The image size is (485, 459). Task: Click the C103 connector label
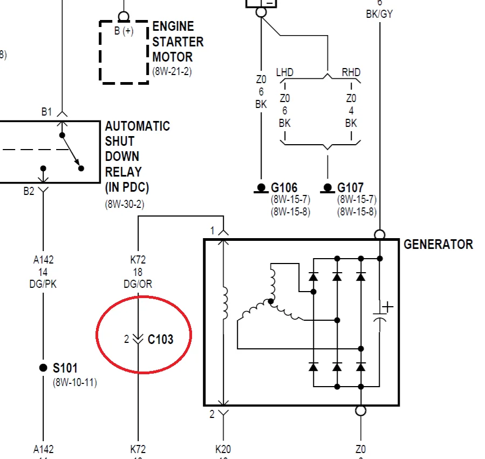161,339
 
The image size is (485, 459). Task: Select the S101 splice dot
43,368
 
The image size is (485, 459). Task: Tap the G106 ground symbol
261,188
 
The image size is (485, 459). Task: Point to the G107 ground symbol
327,188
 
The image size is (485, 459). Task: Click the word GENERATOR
438,244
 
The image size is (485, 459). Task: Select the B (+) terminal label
124,31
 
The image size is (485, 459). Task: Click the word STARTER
178,42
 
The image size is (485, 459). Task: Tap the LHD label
284,72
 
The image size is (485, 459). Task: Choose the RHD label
351,72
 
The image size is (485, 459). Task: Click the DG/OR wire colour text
138,284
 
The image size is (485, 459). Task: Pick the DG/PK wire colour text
43,284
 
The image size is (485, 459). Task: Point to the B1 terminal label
46,112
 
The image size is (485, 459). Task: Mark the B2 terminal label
29,191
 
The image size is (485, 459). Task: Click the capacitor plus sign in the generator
387,307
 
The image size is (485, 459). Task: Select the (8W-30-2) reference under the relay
125,204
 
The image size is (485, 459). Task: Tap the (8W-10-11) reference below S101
75,382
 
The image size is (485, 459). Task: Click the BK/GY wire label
379,14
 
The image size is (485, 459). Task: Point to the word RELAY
124,172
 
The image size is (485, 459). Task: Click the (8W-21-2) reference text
172,71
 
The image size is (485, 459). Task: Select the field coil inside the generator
224,303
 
